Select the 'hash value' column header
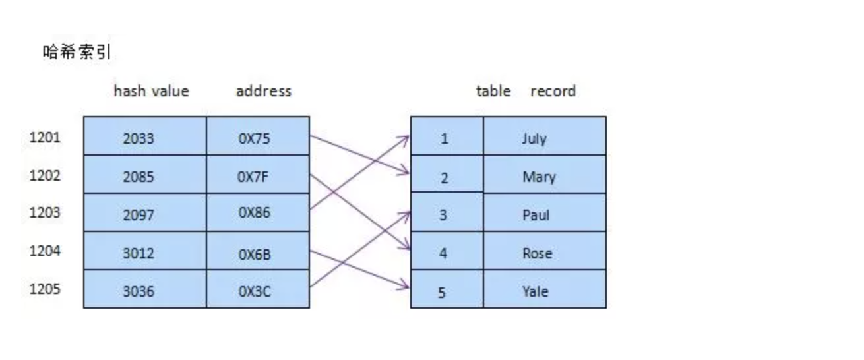pyautogui.click(x=151, y=91)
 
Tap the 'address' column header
pyautogui.click(x=263, y=91)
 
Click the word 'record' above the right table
pyautogui.click(x=553, y=91)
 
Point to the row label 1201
pyautogui.click(x=45, y=138)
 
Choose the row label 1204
pyautogui.click(x=45, y=251)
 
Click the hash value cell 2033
pyautogui.click(x=139, y=138)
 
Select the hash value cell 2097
pyautogui.click(x=139, y=214)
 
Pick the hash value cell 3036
pyautogui.click(x=139, y=291)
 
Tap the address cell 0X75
pyautogui.click(x=254, y=138)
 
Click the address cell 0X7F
pyautogui.click(x=254, y=176)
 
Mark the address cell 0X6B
pyautogui.click(x=254, y=253)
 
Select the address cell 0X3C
pyautogui.click(x=254, y=291)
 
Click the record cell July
pyautogui.click(x=534, y=138)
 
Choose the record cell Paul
pyautogui.click(x=536, y=215)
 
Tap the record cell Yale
pyautogui.click(x=535, y=291)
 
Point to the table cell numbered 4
pyautogui.click(x=443, y=253)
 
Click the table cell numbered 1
pyautogui.click(x=444, y=138)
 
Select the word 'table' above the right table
pyautogui.click(x=493, y=91)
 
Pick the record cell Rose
pyautogui.click(x=537, y=253)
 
